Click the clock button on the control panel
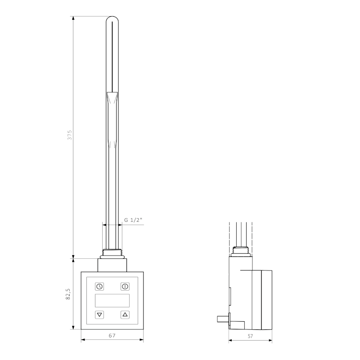point(99,286)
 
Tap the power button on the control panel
point(125,286)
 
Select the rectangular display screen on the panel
point(112,301)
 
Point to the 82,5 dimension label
point(68,295)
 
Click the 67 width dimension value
point(112,336)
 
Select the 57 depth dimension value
point(251,336)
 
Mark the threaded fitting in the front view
point(112,253)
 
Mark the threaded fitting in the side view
point(242,251)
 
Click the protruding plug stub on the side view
point(223,319)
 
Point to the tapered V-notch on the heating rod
point(112,98)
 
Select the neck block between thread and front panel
point(112,265)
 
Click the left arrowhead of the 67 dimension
point(82,340)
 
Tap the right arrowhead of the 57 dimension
point(271,340)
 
